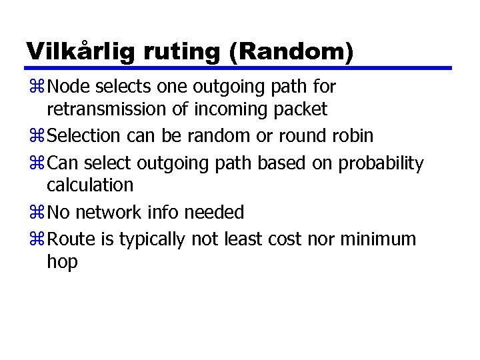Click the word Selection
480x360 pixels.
(84, 136)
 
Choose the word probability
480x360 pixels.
(381, 163)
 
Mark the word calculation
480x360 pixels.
(90, 185)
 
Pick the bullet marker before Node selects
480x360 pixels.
(36, 87)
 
